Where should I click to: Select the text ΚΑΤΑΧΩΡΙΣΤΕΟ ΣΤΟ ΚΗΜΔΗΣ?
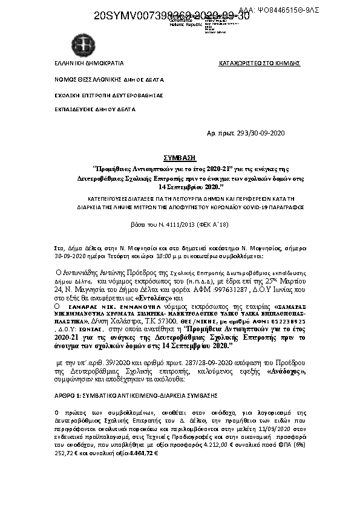pos(260,63)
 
